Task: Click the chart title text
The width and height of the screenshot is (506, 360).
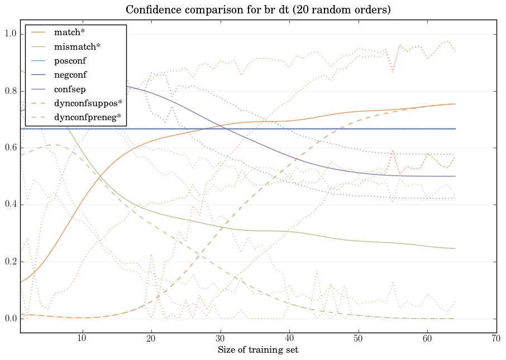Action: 258,10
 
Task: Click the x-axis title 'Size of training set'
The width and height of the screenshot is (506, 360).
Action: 258,350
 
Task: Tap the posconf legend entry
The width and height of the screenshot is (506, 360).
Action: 70,60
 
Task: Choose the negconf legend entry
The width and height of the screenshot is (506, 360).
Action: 70,74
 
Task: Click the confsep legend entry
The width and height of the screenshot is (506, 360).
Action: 69,89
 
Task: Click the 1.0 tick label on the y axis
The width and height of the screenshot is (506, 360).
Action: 10,34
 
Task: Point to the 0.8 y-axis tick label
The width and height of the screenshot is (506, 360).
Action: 10,91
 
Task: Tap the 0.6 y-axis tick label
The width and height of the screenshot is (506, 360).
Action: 10,148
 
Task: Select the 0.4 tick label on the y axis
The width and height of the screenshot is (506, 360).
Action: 10,205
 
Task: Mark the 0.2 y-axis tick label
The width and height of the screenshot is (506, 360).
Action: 10,262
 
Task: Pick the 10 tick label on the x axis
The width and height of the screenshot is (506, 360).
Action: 82,339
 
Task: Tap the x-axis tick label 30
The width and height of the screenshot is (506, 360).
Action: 221,339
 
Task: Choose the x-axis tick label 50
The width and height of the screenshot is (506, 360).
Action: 359,339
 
